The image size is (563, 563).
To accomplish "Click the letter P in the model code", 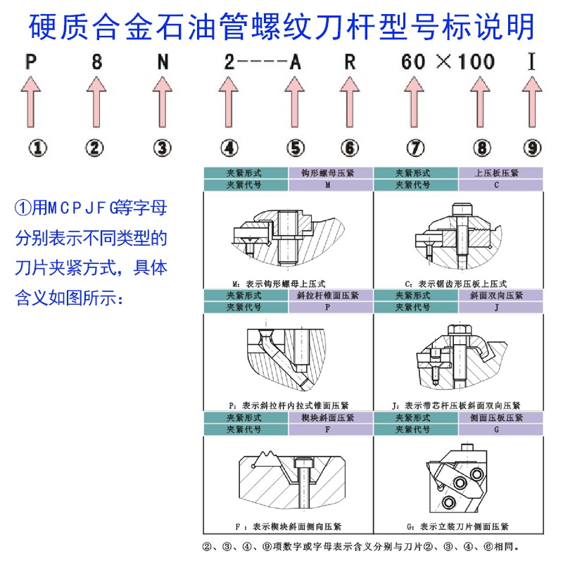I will [31, 61].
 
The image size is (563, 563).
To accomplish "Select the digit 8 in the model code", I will [96, 61].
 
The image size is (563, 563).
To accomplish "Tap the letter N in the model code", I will [163, 61].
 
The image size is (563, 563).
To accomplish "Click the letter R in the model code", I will [350, 61].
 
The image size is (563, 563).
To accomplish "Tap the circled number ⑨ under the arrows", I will [533, 148].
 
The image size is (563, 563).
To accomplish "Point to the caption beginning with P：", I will [289, 405].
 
